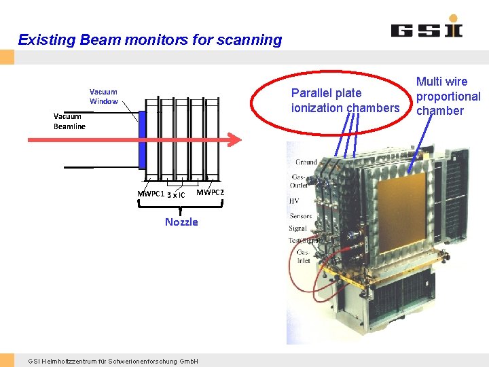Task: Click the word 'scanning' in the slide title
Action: [249, 39]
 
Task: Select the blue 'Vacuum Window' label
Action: [103, 97]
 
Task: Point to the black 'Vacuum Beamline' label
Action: [69, 121]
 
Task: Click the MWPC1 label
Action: [151, 194]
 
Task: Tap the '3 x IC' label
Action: [176, 195]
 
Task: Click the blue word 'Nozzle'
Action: [181, 222]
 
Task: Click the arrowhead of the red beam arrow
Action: [236, 139]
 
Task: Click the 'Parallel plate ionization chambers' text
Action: [345, 101]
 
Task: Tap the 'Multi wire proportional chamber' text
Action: [448, 97]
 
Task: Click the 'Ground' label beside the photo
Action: [306, 162]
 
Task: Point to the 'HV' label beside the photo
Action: [295, 201]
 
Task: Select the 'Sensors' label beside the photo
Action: [300, 216]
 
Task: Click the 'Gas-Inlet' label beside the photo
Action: [303, 256]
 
